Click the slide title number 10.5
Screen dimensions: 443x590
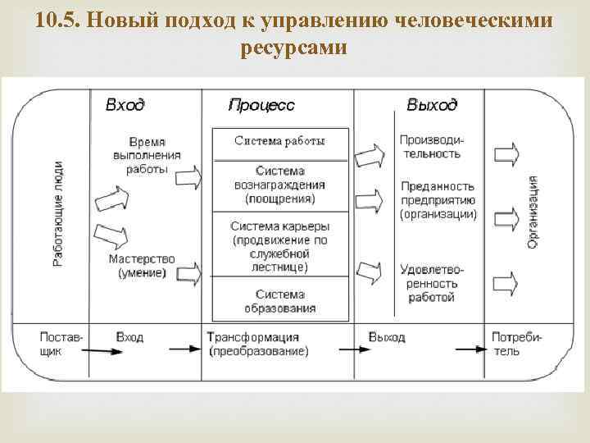[57, 19]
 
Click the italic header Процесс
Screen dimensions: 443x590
[261, 105]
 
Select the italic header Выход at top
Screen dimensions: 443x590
[432, 105]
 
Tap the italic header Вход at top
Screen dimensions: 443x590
[125, 105]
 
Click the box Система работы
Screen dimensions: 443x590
[279, 141]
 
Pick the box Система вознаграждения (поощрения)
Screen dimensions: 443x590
[279, 185]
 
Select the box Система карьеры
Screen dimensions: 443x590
[279, 245]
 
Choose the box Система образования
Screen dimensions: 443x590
[279, 301]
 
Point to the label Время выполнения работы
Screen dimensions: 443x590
[147, 155]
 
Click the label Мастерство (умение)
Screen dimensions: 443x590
[141, 265]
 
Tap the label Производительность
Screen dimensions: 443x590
[430, 148]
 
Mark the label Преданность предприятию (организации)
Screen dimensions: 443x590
[438, 200]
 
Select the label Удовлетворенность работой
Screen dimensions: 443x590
[432, 283]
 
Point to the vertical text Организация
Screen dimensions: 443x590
[533, 212]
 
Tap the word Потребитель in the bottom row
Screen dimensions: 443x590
[512, 344]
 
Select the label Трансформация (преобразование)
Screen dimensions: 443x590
[257, 344]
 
